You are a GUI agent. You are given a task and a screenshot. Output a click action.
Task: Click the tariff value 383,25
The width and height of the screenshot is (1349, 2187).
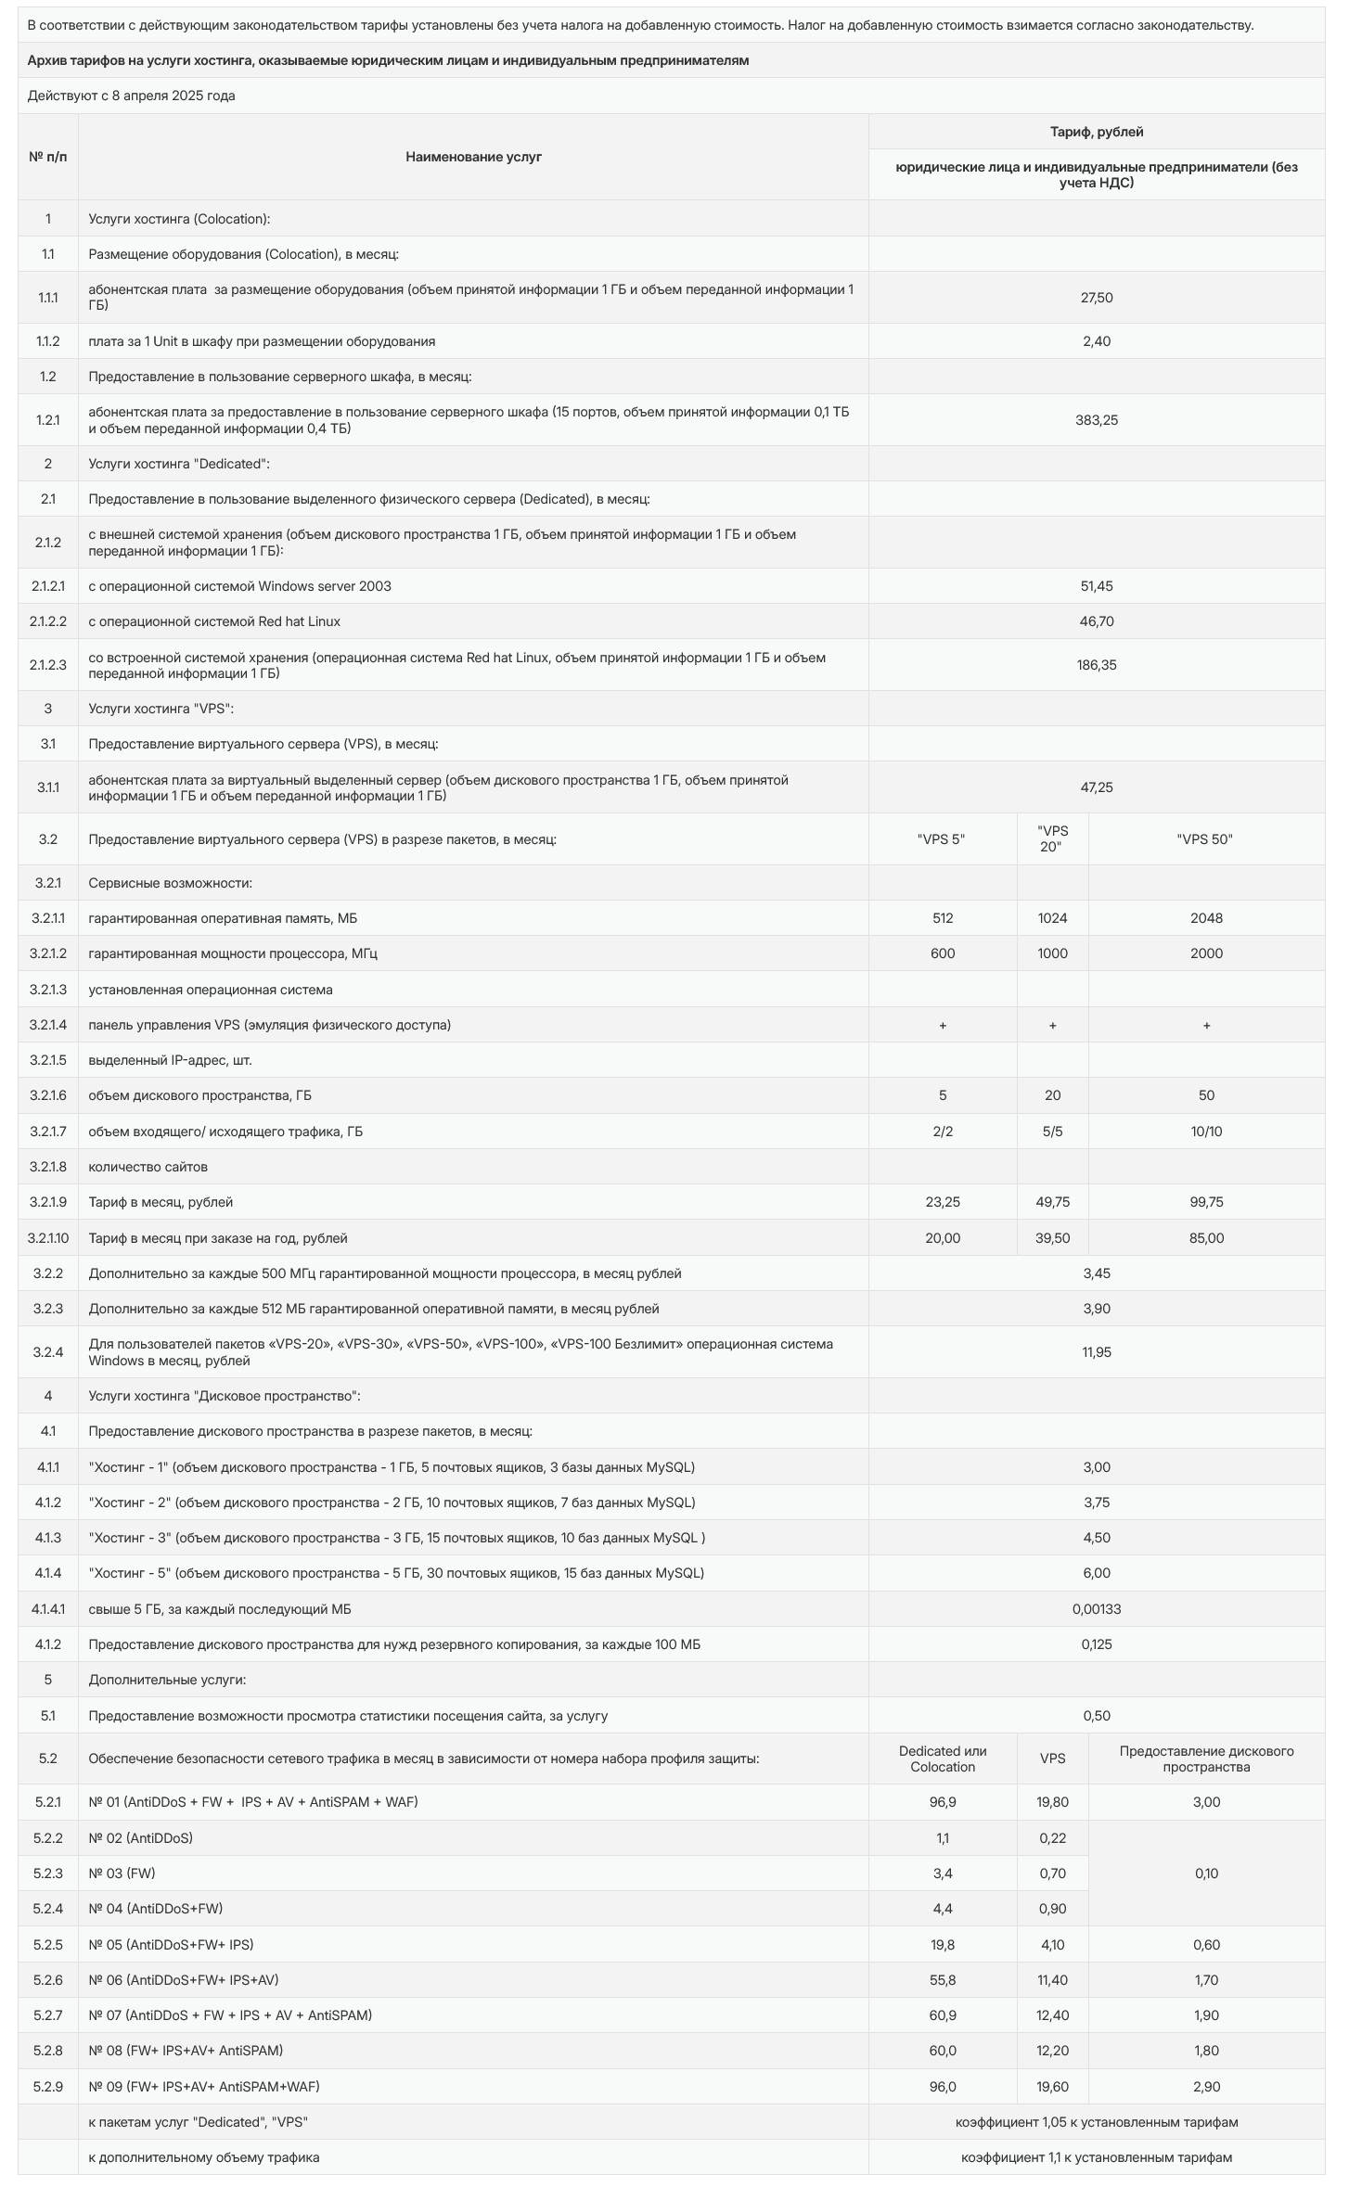pyautogui.click(x=1096, y=420)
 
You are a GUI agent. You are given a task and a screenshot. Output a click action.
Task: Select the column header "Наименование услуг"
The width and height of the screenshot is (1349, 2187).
pyautogui.click(x=473, y=157)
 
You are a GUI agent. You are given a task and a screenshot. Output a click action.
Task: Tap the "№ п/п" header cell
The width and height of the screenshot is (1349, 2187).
pyautogui.click(x=48, y=157)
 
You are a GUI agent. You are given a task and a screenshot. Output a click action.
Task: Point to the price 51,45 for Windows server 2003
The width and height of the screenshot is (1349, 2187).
pyautogui.click(x=1096, y=586)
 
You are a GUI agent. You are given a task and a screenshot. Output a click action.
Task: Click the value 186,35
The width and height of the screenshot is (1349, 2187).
pyautogui.click(x=1096, y=665)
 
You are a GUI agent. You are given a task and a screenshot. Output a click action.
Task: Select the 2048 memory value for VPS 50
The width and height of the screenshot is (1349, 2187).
pyautogui.click(x=1205, y=918)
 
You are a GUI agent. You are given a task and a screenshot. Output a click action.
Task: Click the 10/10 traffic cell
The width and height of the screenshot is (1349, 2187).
pyautogui.click(x=1205, y=1132)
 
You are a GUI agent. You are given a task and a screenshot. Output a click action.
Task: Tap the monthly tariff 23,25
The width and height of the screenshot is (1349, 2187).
pyautogui.click(x=942, y=1202)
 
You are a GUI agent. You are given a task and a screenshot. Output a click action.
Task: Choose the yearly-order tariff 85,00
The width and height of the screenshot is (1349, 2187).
pyautogui.click(x=1205, y=1238)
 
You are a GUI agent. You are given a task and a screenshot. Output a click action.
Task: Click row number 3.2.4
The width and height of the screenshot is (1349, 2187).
pyautogui.click(x=48, y=1352)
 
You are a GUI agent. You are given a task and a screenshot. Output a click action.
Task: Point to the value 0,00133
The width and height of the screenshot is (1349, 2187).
pyautogui.click(x=1096, y=1609)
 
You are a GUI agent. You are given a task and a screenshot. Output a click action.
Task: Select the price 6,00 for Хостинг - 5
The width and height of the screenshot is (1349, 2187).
pyautogui.click(x=1096, y=1573)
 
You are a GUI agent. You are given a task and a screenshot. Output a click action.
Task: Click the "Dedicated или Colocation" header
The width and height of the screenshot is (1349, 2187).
pyautogui.click(x=942, y=1759)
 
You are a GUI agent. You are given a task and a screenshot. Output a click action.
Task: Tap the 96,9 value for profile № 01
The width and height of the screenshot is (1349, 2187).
pyautogui.click(x=942, y=1802)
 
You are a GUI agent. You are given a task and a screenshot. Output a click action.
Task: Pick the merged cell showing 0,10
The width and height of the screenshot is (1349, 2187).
pyautogui.click(x=1205, y=1874)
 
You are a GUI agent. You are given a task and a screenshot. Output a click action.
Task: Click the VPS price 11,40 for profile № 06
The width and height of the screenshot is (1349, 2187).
pyautogui.click(x=1052, y=1980)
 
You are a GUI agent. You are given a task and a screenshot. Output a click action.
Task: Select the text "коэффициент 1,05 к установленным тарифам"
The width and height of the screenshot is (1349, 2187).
pyautogui.click(x=1096, y=2122)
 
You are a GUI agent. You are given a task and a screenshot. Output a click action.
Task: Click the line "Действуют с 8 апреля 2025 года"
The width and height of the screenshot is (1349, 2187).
pyautogui.click(x=131, y=96)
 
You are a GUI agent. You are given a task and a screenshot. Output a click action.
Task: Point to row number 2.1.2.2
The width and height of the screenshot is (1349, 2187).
pyautogui.click(x=48, y=621)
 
